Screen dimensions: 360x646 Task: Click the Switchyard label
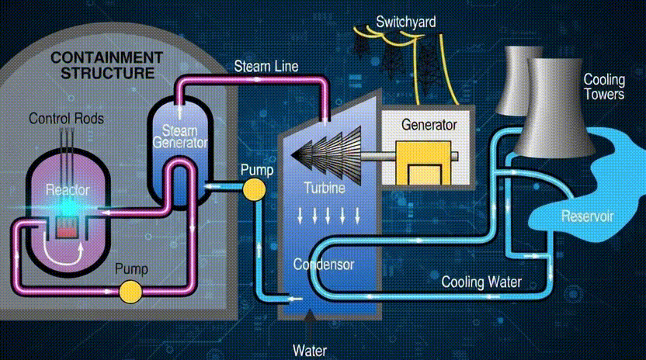(406, 22)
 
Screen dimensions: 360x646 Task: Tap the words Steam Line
(266, 66)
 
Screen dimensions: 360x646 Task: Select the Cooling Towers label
(603, 87)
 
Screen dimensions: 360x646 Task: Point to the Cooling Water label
(481, 282)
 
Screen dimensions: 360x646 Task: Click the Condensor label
(323, 265)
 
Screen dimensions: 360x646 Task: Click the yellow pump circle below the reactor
(130, 291)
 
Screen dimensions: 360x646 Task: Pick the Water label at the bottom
(310, 349)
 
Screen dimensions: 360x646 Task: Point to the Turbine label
(325, 188)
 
